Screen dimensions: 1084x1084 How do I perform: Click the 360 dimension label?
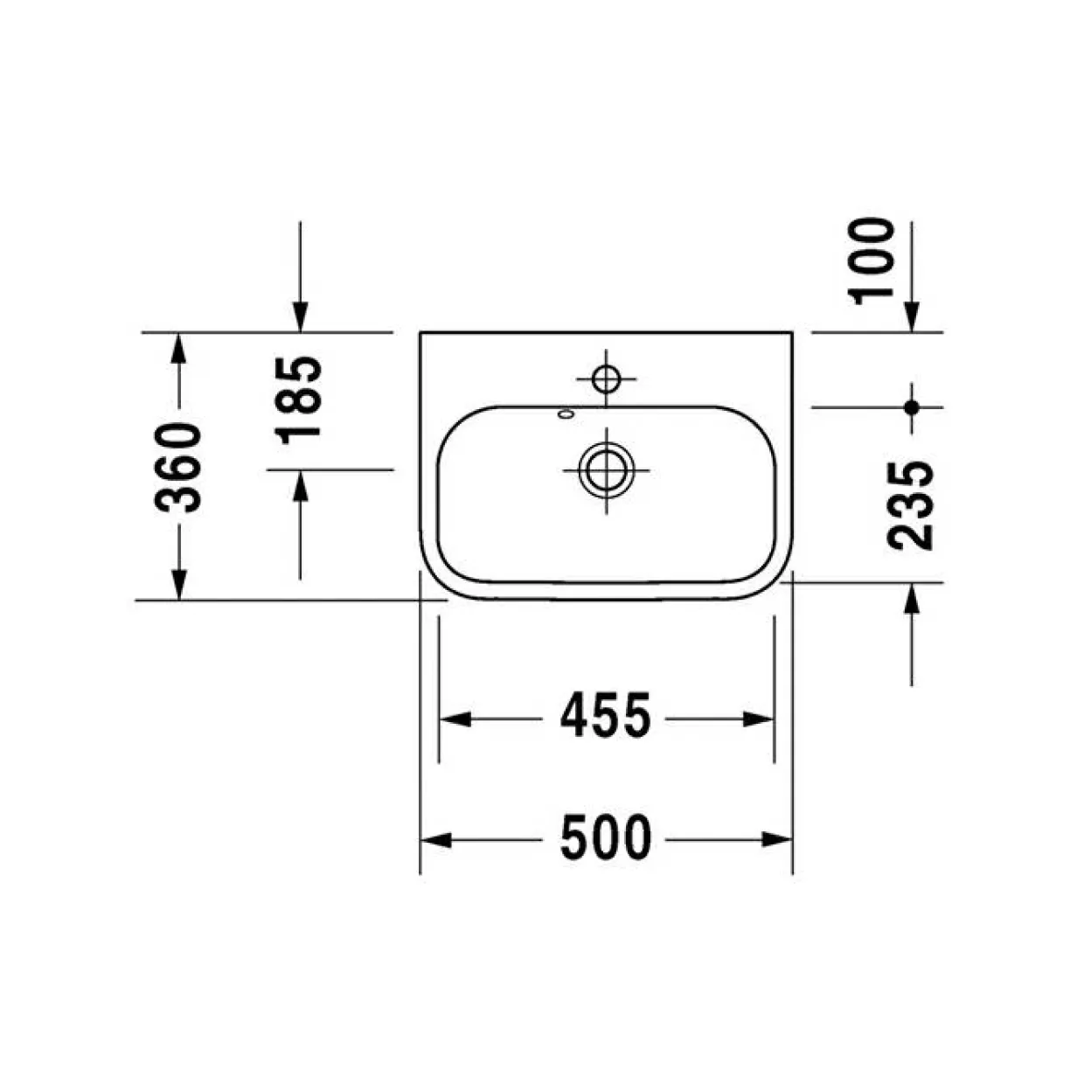tap(178, 468)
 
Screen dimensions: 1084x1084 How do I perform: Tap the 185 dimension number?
tap(298, 400)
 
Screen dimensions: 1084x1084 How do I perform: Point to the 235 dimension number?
tap(910, 505)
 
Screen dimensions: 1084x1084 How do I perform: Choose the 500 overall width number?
tap(606, 838)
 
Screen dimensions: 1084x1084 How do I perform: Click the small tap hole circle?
tap(606, 379)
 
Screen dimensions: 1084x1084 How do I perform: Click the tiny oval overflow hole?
tap(566, 414)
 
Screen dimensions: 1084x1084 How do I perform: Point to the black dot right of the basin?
tap(911, 407)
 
